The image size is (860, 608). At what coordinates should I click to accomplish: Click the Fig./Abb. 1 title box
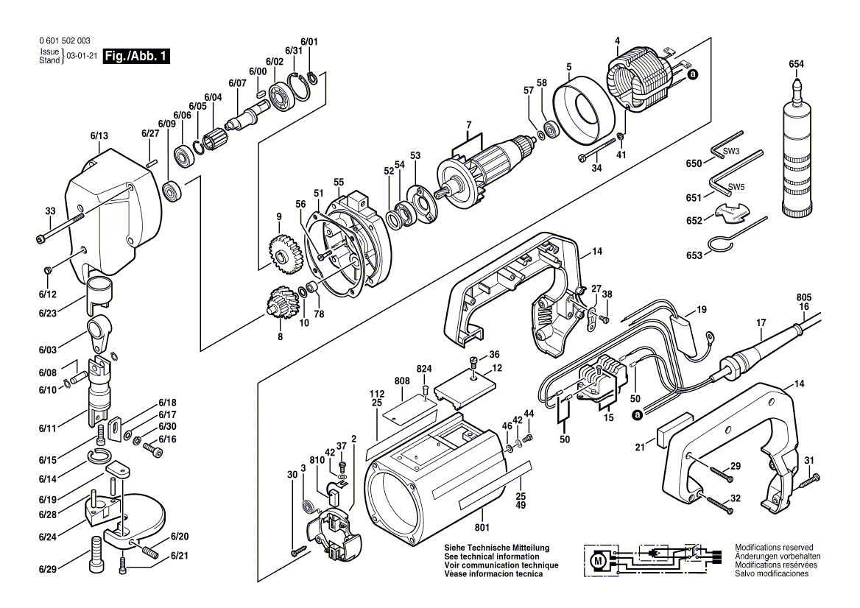pyautogui.click(x=136, y=56)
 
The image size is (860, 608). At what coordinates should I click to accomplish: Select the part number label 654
pyautogui.click(x=796, y=64)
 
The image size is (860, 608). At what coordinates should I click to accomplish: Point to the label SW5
pyautogui.click(x=736, y=187)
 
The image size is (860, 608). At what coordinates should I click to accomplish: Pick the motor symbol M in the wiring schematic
pyautogui.click(x=598, y=561)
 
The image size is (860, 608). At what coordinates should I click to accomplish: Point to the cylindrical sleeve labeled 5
pyautogui.click(x=582, y=112)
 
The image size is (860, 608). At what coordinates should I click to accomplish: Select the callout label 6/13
pyautogui.click(x=99, y=136)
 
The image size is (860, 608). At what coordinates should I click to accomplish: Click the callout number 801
pyautogui.click(x=482, y=528)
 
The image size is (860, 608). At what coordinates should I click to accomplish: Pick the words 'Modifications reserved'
pyautogui.click(x=774, y=547)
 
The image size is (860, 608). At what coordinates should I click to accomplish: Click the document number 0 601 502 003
pyautogui.click(x=65, y=40)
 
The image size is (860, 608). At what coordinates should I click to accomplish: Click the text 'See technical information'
pyautogui.click(x=492, y=556)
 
